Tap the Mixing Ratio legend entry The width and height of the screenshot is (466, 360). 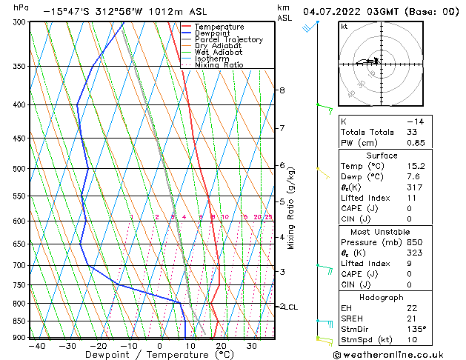219,65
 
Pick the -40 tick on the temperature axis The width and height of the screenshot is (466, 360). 36,346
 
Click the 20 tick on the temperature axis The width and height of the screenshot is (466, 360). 221,346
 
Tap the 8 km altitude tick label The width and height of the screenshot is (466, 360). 282,90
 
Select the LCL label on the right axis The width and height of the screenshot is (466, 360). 291,307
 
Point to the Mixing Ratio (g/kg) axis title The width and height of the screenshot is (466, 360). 292,208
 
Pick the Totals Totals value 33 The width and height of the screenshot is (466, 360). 412,132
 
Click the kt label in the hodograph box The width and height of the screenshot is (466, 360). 344,27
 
